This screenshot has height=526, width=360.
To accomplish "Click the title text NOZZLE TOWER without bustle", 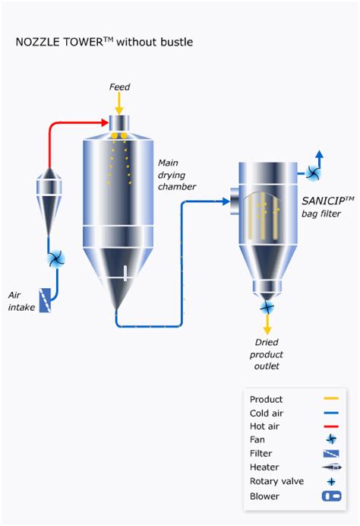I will [x=104, y=43].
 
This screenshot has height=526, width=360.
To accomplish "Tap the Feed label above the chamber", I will [x=119, y=87].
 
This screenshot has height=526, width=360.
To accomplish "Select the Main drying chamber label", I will [x=177, y=175].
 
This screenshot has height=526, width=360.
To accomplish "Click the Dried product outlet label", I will [x=267, y=354].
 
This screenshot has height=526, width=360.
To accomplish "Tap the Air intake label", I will [x=22, y=301].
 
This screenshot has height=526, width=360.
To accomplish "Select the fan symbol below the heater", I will [x=55, y=260].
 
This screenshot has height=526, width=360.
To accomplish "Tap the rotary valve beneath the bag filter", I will [x=267, y=308].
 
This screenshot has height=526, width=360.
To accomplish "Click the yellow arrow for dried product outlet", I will [x=267, y=325].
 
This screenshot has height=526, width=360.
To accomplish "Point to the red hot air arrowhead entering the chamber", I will [x=106, y=122].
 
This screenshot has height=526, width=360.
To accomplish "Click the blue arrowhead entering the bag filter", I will [x=226, y=201].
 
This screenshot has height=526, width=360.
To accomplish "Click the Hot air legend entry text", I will [x=264, y=426].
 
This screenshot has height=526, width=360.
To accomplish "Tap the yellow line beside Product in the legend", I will [x=330, y=399].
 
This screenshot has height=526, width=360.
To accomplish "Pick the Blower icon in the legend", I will [x=330, y=496].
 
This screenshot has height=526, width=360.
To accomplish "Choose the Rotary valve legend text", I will [x=276, y=481].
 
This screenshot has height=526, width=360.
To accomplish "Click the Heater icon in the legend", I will [x=330, y=467].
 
